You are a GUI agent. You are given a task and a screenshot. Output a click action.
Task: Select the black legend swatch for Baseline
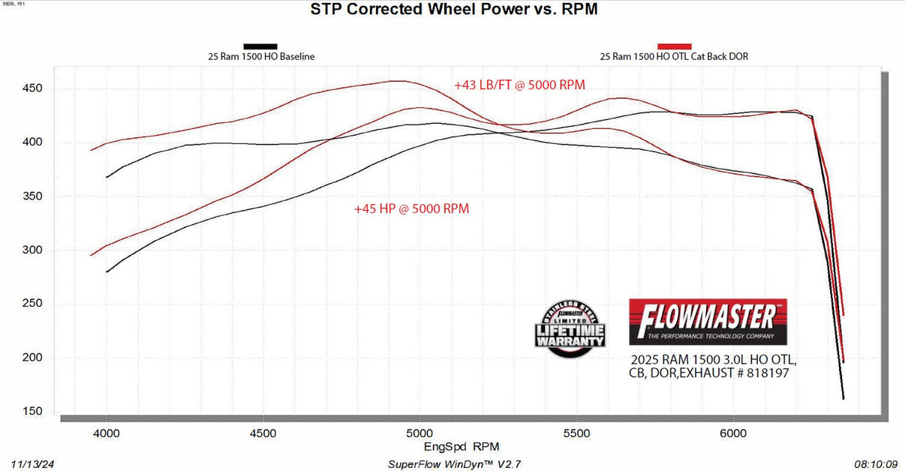click(x=260, y=46)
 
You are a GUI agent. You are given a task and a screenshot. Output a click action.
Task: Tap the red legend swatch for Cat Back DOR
click(x=674, y=46)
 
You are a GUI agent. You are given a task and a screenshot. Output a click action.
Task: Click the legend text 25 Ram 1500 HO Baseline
click(x=261, y=56)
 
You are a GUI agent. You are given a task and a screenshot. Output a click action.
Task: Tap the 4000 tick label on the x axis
click(x=106, y=433)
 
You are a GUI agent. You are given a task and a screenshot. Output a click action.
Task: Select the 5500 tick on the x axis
click(x=576, y=433)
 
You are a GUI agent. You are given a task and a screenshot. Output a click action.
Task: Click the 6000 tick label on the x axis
click(x=733, y=433)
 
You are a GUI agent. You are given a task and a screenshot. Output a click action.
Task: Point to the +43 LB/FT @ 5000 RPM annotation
click(x=519, y=85)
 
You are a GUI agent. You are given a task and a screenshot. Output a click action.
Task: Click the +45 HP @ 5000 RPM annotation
click(x=412, y=209)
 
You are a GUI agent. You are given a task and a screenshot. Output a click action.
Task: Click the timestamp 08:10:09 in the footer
click(x=874, y=464)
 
